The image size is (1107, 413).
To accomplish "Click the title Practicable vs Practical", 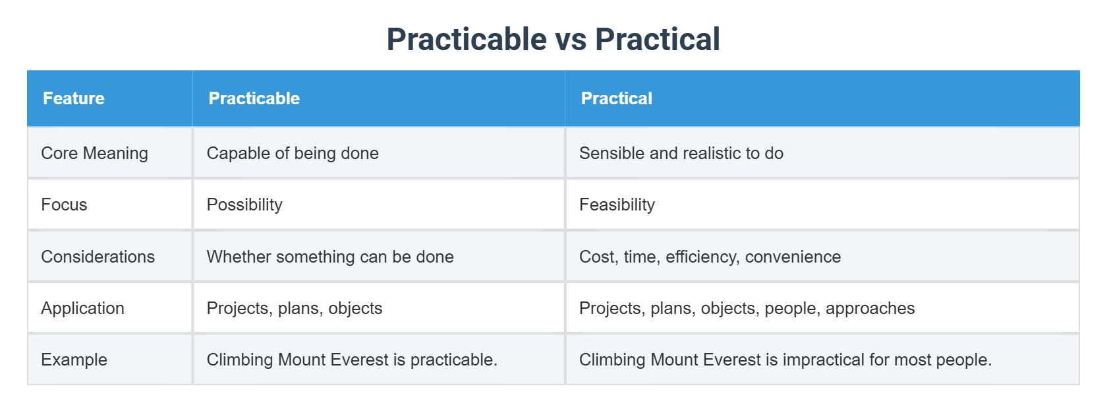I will click(553, 40).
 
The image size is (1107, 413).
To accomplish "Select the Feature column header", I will click(74, 98).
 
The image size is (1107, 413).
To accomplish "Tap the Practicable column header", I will click(254, 98).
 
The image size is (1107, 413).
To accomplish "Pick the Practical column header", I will click(616, 98).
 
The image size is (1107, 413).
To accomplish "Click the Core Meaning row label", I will click(94, 153).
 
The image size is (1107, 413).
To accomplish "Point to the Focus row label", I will click(64, 205).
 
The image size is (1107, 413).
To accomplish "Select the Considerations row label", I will click(98, 257).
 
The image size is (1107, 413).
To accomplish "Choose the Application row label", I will click(82, 308).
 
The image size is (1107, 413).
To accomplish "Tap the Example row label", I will click(74, 360).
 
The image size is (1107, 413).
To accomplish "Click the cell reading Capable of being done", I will click(293, 153).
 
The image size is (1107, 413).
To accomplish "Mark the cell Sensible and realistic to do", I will click(681, 153).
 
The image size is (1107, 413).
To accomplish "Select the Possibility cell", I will click(244, 205).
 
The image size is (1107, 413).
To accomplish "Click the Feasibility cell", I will click(617, 205).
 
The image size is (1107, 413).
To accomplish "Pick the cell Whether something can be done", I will click(330, 257).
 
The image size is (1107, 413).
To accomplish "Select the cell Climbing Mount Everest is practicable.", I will click(352, 360).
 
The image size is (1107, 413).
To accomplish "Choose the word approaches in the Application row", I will click(870, 308).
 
